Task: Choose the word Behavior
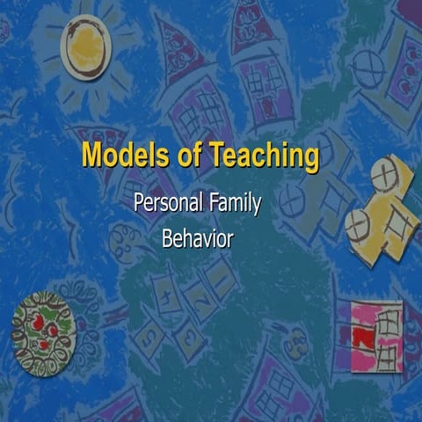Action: (x=197, y=237)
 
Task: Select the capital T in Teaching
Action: (x=217, y=156)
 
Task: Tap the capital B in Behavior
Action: (x=168, y=237)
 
